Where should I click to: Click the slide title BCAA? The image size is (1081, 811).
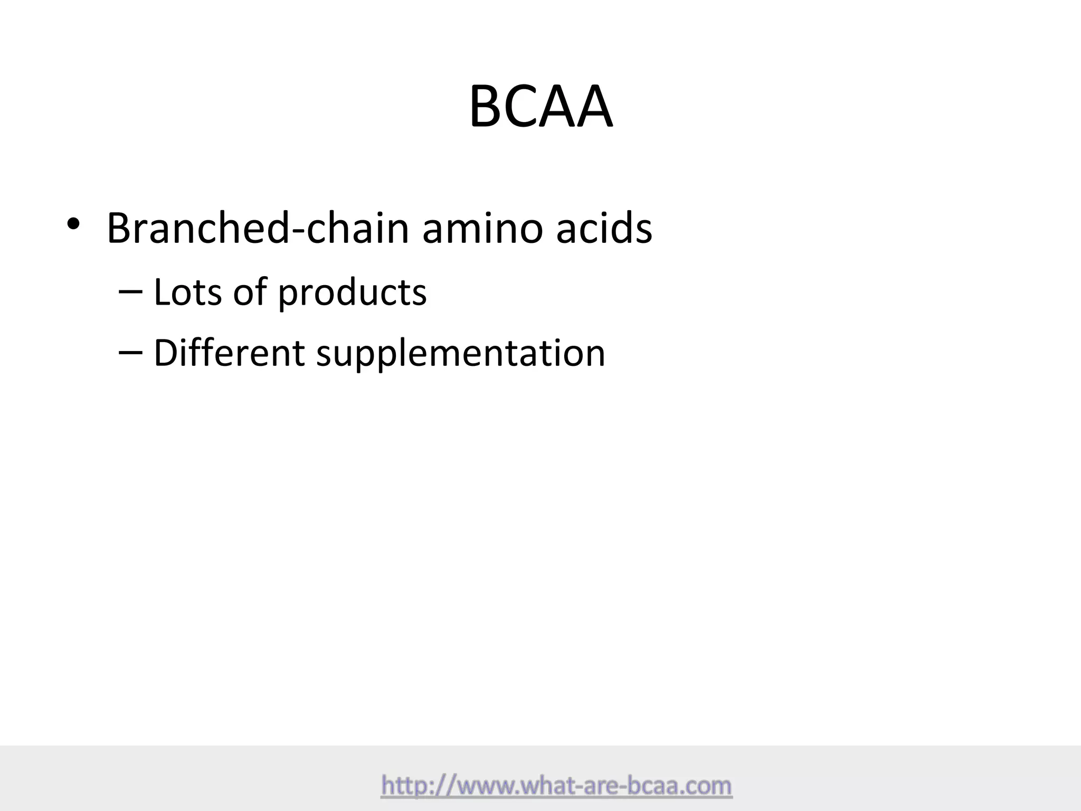click(x=540, y=107)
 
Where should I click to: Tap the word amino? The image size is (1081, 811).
click(x=482, y=228)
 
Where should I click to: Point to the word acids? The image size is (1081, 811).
click(x=604, y=228)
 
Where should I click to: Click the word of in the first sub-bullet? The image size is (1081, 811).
click(x=250, y=292)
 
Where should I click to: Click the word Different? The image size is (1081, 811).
click(x=229, y=353)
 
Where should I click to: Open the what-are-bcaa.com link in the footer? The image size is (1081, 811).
click(x=556, y=786)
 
